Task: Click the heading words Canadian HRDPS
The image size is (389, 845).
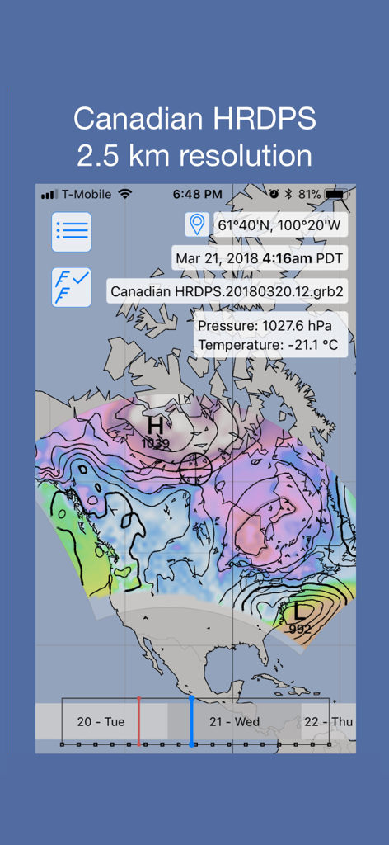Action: pyautogui.click(x=194, y=119)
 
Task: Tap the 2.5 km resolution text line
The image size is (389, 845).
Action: pyautogui.click(x=194, y=155)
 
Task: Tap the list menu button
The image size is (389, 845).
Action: pyautogui.click(x=72, y=232)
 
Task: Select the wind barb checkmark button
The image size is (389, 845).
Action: pyautogui.click(x=72, y=287)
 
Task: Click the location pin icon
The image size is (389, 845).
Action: pyautogui.click(x=196, y=224)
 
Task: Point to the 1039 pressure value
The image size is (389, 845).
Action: pyautogui.click(x=155, y=444)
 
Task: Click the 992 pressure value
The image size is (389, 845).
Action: pyautogui.click(x=301, y=629)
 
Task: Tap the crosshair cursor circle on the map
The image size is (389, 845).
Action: pyautogui.click(x=195, y=468)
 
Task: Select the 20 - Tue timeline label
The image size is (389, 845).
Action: pyautogui.click(x=101, y=722)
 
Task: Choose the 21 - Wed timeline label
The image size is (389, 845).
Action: pyautogui.click(x=234, y=722)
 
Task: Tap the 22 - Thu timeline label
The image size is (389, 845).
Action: pyautogui.click(x=328, y=722)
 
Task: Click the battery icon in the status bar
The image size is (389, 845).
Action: pyautogui.click(x=337, y=194)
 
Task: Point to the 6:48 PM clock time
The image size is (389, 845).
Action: pyautogui.click(x=197, y=194)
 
